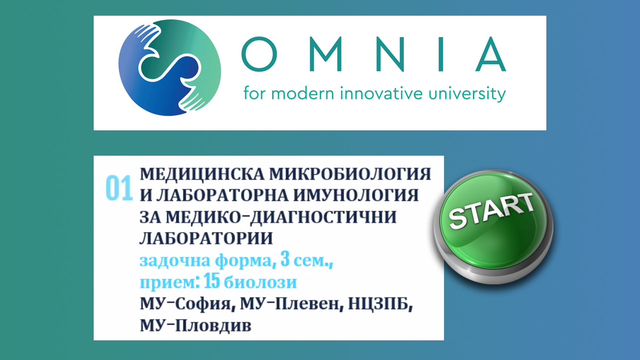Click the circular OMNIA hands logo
pos(170,68)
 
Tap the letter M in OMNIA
pos(326,54)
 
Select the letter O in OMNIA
pos(259,54)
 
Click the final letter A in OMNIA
pos(491,54)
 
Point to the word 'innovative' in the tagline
pos(381,93)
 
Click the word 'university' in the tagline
pos(467,94)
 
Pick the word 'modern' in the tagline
pos(302,93)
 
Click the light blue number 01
pos(119,188)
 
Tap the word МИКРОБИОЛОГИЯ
pos(350,174)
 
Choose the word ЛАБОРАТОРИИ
pos(206,238)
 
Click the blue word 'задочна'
pos(175,261)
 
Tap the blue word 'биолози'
pos(260,282)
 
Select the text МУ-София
pos(185,304)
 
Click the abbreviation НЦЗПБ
pos(380,304)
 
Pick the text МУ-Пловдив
pos(195,326)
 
